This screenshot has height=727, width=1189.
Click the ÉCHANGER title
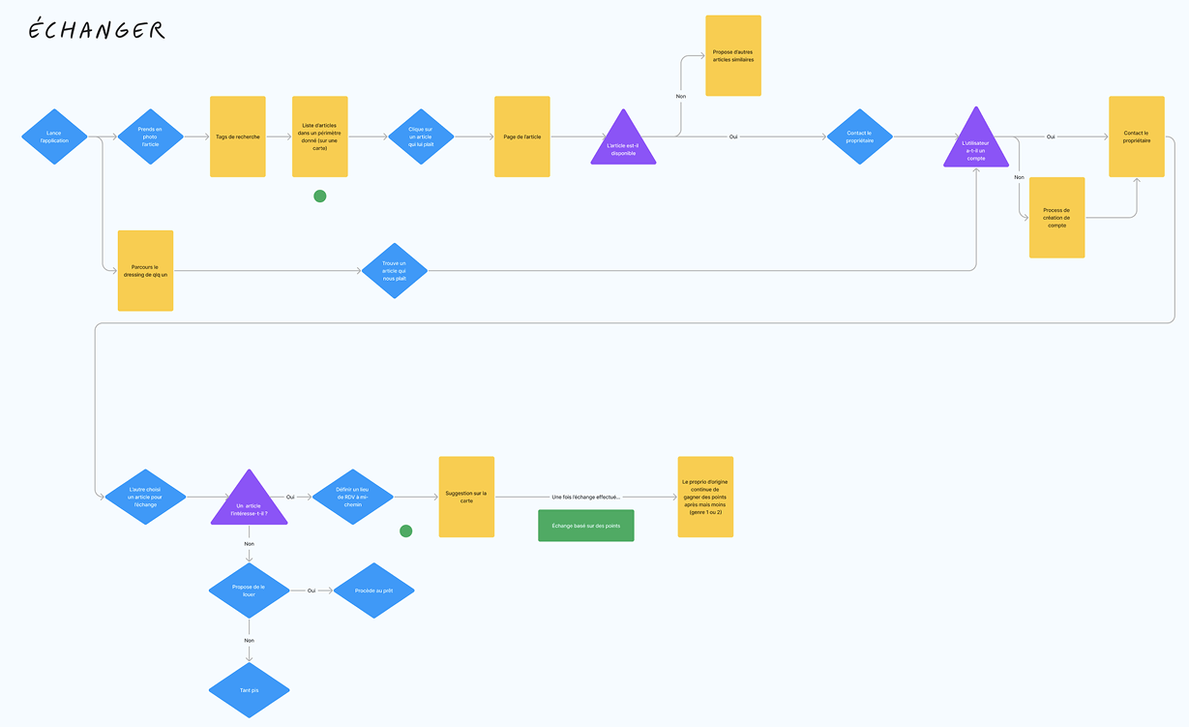pos(96,31)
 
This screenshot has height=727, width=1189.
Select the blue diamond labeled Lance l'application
pos(54,136)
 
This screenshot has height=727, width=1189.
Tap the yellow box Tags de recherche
pos(238,136)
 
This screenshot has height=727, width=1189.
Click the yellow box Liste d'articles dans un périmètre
pos(320,136)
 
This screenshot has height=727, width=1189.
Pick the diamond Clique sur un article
pos(421,136)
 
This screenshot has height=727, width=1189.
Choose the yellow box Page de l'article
pos(522,136)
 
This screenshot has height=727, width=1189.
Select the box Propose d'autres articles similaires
pos(733,55)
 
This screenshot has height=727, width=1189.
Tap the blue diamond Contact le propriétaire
pos(859,136)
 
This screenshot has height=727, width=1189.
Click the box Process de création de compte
pos(1056,218)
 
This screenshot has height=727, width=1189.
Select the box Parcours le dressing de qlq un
pos(145,270)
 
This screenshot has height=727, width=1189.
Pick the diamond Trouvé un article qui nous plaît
pos(395,270)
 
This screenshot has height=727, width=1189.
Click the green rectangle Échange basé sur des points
pos(586,525)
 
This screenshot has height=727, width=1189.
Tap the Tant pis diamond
pos(250,690)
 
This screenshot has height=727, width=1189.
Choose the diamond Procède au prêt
pos(373,590)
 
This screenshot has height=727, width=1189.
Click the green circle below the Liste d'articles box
pos(320,197)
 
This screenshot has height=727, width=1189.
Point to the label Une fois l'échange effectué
pos(586,497)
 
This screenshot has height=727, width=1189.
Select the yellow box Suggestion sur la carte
pos(466,497)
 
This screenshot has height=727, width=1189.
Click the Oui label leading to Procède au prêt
pos(312,590)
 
